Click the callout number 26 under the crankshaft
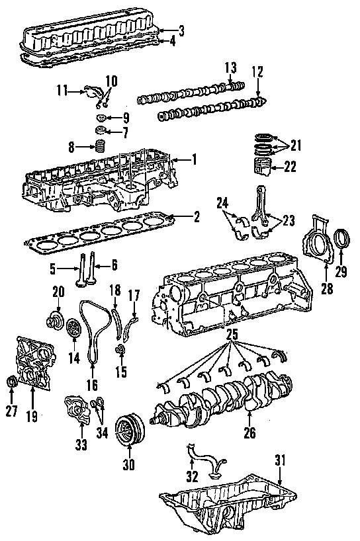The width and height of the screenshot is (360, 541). point(250,433)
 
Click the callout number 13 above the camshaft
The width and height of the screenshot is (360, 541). point(231,67)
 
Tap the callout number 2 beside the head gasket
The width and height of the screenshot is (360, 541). point(196,217)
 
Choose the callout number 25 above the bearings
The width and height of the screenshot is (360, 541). point(232,335)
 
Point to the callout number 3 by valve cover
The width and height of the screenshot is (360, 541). point(181,30)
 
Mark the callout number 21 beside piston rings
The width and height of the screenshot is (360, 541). point(295,146)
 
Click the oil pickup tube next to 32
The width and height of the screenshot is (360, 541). point(204,462)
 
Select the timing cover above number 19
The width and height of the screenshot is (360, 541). point(34,363)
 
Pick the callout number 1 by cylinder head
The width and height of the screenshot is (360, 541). point(195,159)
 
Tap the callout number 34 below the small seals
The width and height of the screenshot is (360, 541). point(102,433)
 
